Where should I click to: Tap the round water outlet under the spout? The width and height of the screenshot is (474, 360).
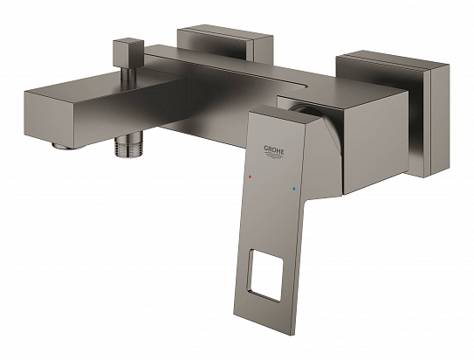pyautogui.click(x=60, y=147)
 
